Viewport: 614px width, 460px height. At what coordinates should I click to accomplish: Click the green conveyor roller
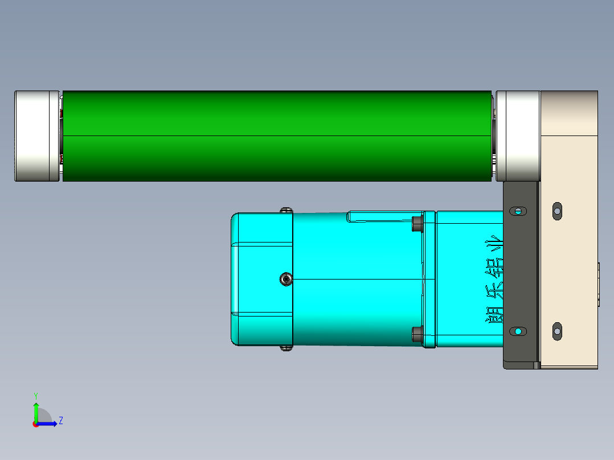(x=276, y=136)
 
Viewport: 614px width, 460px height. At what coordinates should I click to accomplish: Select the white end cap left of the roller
(x=37, y=136)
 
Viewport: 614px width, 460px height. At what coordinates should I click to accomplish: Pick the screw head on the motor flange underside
(x=286, y=348)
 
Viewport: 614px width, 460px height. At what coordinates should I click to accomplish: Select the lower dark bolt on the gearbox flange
(x=417, y=335)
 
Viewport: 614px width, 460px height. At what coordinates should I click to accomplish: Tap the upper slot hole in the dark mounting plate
(x=518, y=211)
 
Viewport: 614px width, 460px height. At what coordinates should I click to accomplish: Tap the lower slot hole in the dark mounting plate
(x=518, y=331)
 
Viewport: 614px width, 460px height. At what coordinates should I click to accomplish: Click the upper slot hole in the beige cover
(x=557, y=211)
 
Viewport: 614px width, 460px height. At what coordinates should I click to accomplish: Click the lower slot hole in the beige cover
(x=557, y=330)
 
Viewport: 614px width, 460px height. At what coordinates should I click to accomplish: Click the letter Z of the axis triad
(x=60, y=421)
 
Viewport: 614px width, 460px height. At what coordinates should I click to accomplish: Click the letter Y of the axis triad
(x=35, y=396)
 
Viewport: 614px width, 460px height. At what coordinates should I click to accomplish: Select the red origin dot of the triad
(x=35, y=424)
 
